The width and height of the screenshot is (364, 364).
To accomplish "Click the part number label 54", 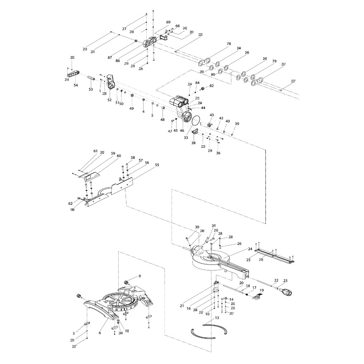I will pos(76,85).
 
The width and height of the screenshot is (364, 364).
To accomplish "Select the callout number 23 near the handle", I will pos(285,280).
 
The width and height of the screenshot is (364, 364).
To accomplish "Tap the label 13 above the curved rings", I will pos(217,318).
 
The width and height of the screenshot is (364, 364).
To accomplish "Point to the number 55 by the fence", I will pos(157,165).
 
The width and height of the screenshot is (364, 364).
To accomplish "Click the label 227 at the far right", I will pos(293,81).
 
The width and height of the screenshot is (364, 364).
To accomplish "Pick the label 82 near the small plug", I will pos(211,86).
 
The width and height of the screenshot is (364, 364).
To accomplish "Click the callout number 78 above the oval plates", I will pos(229,44).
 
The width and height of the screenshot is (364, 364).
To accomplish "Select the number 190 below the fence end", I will pos(73,210).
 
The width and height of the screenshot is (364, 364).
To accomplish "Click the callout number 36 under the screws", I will pos(218,153).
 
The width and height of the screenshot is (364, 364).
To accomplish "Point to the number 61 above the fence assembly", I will pos(95,151).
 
